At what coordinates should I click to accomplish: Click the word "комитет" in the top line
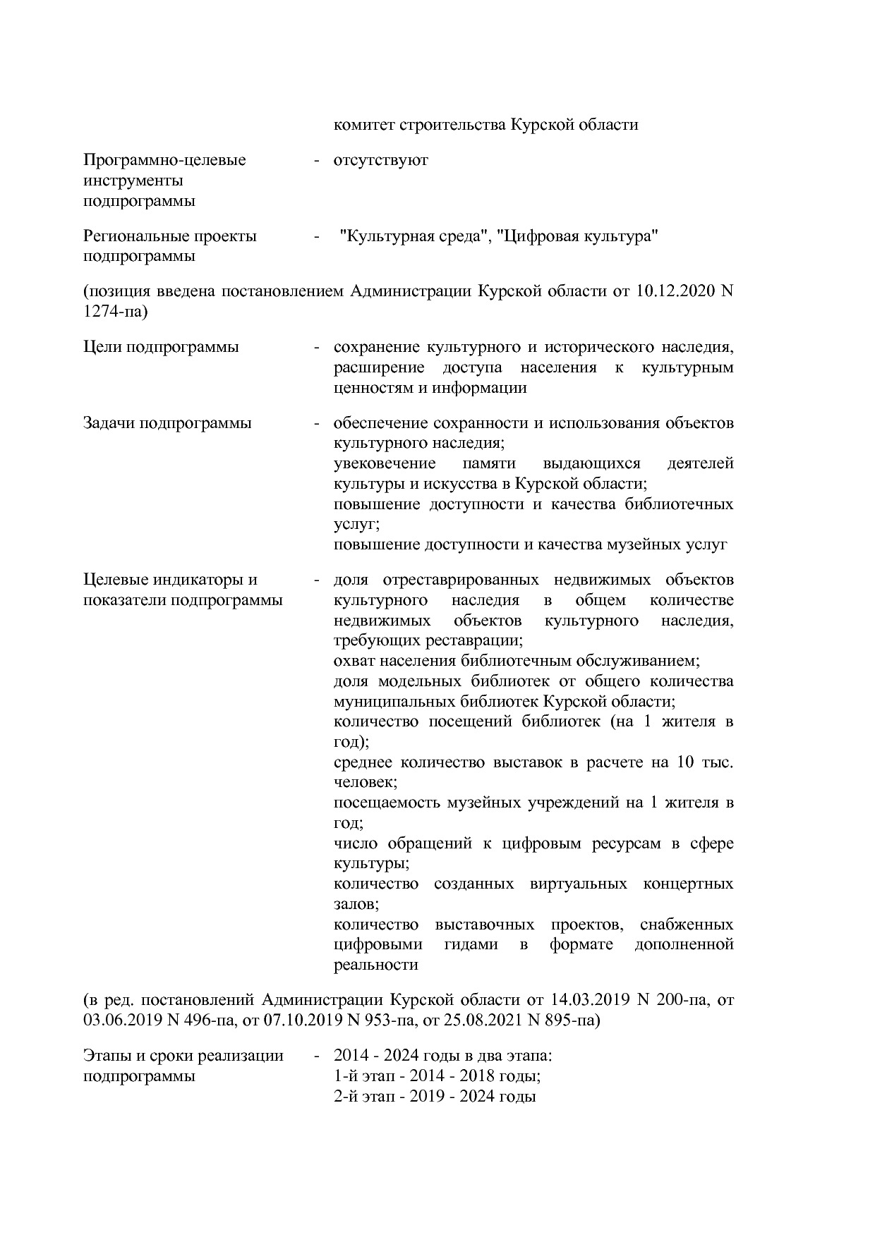click(x=364, y=125)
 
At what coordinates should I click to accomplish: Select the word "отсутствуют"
click(x=381, y=160)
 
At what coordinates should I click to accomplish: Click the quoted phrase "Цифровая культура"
click(x=577, y=237)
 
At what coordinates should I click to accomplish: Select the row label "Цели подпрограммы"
click(x=161, y=347)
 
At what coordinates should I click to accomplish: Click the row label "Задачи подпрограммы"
click(x=167, y=423)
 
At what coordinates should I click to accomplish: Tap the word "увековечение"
click(x=384, y=464)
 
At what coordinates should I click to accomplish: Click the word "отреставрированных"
click(x=461, y=580)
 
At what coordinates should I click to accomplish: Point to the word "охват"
click(x=354, y=662)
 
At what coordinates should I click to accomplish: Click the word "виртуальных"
click(x=578, y=884)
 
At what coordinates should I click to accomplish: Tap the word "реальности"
click(x=375, y=965)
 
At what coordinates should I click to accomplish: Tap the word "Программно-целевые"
click(x=164, y=160)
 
